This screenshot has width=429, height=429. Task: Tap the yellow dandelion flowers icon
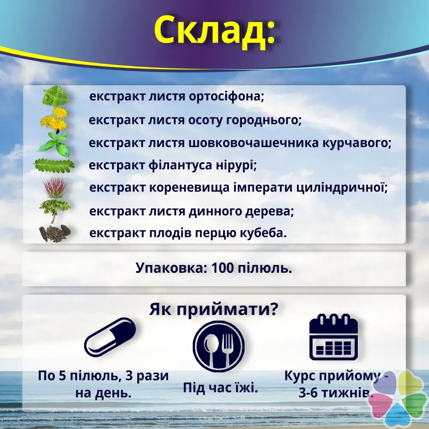[54, 120]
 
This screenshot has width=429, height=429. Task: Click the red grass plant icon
[55, 187]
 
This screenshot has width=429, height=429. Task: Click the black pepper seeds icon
[55, 233]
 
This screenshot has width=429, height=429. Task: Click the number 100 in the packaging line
[222, 268]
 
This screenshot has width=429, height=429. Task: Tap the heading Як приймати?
[214, 309]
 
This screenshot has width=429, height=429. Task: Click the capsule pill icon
[110, 338]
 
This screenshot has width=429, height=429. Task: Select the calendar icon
[333, 337]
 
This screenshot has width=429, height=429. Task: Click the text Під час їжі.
[221, 388]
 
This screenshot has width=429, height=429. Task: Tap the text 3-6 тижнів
[336, 393]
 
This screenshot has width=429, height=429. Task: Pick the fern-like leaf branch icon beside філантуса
[54, 166]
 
